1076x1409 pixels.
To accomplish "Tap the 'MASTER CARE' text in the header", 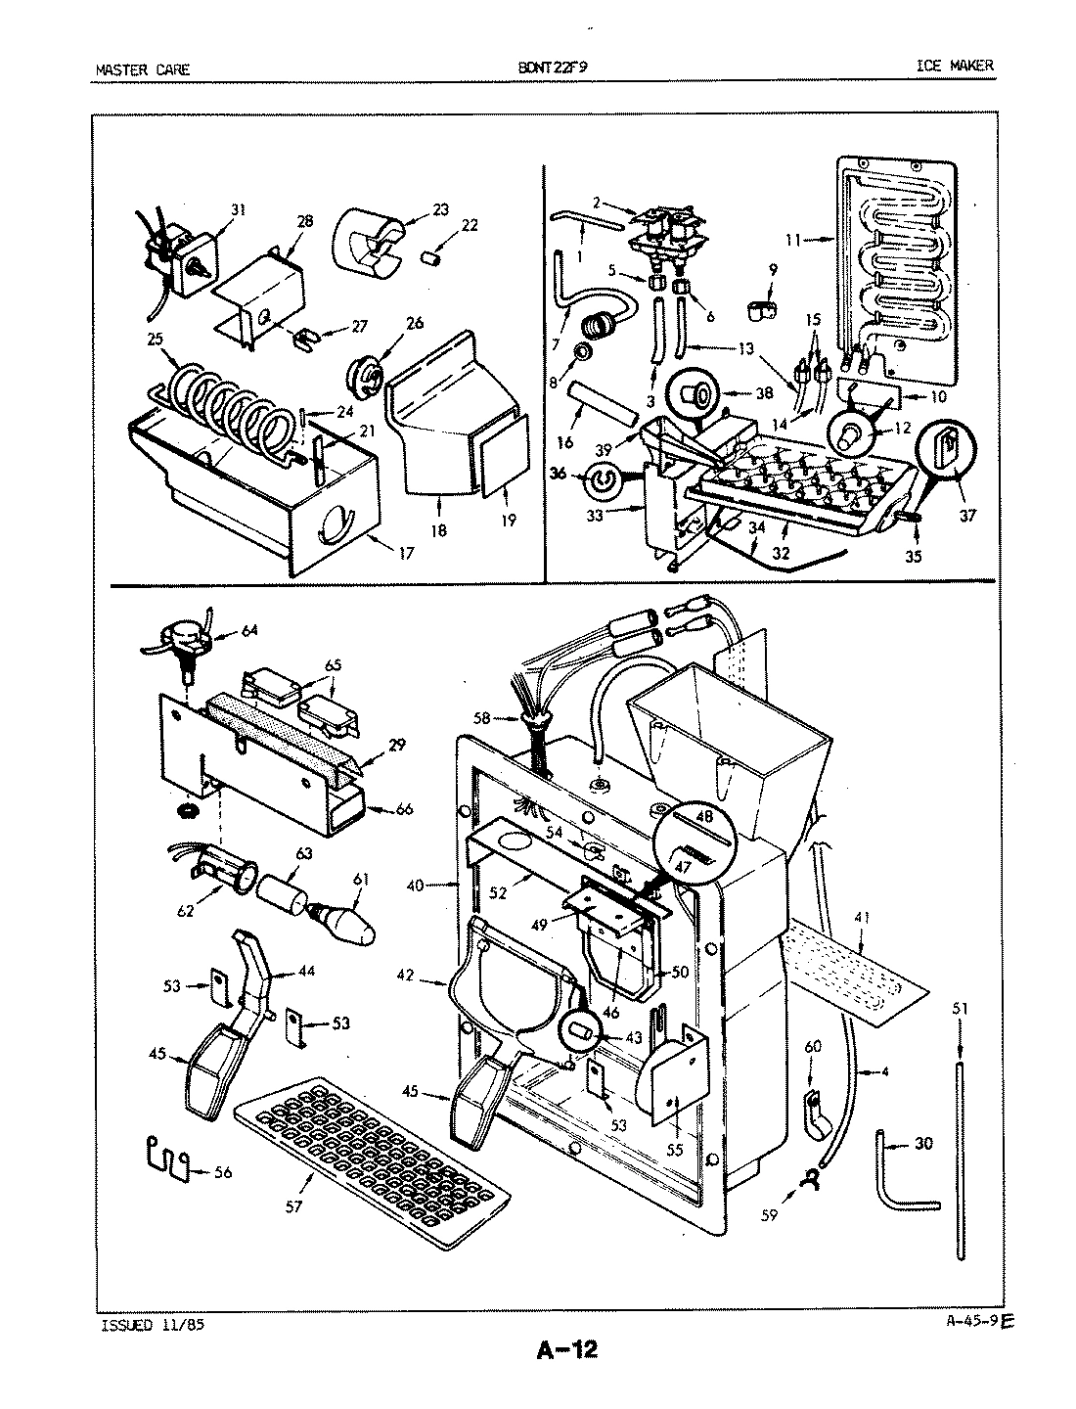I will pos(142,69).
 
